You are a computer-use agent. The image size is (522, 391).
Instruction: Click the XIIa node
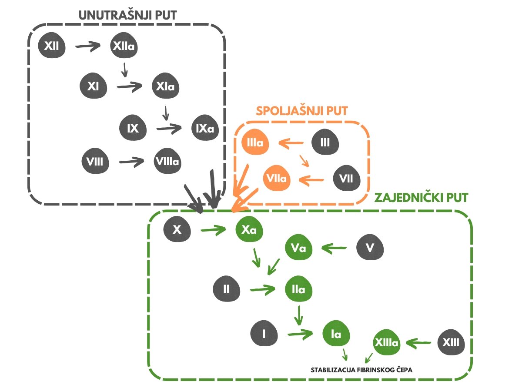click(124, 45)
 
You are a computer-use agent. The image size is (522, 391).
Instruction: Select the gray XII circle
click(52, 45)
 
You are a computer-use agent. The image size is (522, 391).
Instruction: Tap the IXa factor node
click(205, 128)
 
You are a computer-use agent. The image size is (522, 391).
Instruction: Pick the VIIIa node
click(167, 161)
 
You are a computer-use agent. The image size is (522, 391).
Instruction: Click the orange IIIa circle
click(255, 142)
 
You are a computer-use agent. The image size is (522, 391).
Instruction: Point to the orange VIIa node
click(277, 178)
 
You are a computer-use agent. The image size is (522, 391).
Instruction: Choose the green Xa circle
click(249, 229)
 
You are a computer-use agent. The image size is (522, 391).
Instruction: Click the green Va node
click(299, 247)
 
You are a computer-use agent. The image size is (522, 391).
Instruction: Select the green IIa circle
click(299, 289)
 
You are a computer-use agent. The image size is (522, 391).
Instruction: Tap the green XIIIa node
click(387, 342)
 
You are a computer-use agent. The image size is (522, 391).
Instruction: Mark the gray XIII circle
click(451, 342)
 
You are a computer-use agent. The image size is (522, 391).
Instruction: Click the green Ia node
click(336, 333)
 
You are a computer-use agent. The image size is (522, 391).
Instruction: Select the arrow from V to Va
click(334, 248)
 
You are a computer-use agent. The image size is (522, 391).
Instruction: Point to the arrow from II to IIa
click(263, 289)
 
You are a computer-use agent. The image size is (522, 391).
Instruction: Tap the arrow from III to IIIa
click(291, 143)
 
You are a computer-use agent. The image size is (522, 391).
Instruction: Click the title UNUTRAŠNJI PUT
click(128, 16)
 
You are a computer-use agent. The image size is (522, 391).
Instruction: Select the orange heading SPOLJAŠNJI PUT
click(302, 111)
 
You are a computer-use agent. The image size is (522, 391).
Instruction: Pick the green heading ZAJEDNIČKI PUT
click(422, 198)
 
